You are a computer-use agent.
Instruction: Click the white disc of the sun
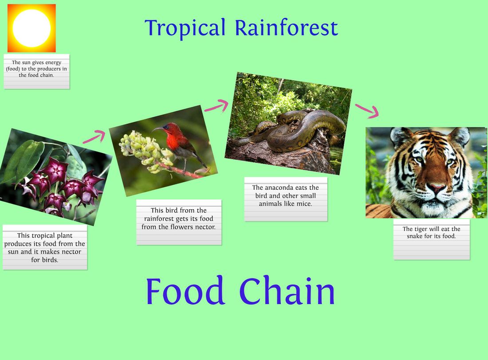click(31, 28)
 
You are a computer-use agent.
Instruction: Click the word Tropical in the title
click(185, 28)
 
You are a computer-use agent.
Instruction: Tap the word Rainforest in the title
click(286, 27)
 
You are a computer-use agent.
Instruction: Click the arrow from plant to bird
click(94, 137)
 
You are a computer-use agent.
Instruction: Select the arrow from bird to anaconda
click(216, 106)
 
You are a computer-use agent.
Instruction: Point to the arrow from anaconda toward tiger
click(367, 111)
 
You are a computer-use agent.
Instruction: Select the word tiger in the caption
click(421, 229)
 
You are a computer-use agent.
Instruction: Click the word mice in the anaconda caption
click(305, 204)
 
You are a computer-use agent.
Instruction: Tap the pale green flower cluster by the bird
click(145, 151)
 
